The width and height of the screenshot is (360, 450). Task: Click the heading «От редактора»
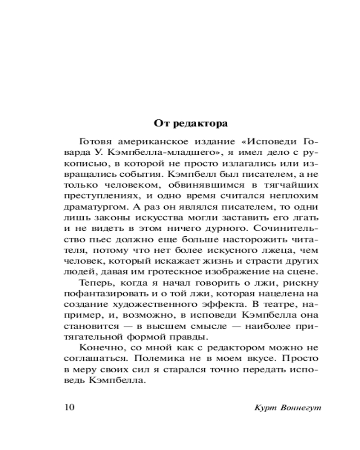tap(191, 123)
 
